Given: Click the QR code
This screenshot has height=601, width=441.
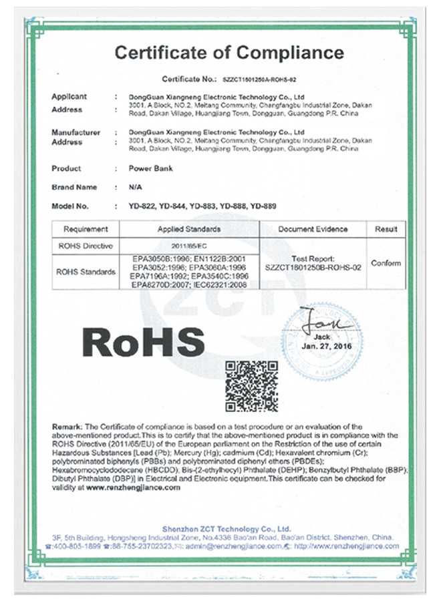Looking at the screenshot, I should click(x=251, y=385).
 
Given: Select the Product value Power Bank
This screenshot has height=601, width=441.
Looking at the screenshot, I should click(x=150, y=168).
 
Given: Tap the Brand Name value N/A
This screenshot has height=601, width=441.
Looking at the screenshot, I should click(x=135, y=187).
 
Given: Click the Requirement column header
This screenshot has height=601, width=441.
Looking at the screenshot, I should click(x=86, y=229).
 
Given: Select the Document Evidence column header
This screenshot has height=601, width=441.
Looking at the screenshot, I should click(x=313, y=229).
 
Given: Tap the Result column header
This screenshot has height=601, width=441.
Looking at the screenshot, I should click(x=386, y=229).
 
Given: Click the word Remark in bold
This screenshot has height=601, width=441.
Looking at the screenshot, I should click(x=67, y=427).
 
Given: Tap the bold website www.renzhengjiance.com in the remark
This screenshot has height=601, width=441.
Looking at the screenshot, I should click(x=133, y=487).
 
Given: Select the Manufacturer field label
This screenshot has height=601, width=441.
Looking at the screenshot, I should click(x=76, y=132).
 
